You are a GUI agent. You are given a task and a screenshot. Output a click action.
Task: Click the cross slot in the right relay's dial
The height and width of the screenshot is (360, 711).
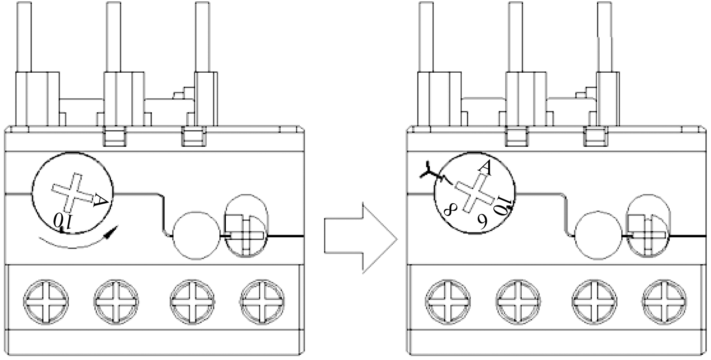(475, 192)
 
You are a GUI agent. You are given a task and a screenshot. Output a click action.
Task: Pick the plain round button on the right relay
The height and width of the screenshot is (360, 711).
(599, 236)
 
